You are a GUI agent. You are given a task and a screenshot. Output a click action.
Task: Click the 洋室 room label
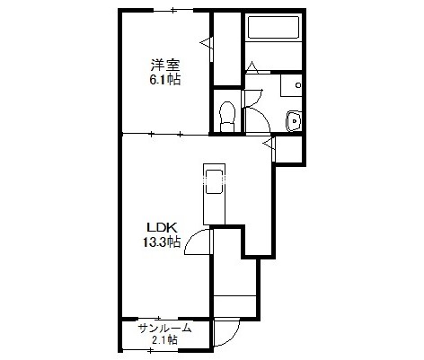[165, 66]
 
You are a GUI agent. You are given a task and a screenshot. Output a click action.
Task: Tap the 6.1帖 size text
[164, 80]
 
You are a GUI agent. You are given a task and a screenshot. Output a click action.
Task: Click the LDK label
[162, 228]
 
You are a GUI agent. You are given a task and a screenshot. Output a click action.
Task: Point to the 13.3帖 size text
[162, 241]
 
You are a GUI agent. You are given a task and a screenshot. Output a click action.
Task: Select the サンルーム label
[164, 329]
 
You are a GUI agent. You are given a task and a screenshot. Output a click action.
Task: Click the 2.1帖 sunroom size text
[163, 340]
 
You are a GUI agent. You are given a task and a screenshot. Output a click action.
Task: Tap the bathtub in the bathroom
[274, 27]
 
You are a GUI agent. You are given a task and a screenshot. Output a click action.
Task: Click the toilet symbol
[227, 117]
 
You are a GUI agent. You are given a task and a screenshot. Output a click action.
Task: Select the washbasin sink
[294, 121]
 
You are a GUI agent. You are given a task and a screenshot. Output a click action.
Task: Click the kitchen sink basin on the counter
[214, 182]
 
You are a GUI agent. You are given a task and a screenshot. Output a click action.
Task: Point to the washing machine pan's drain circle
[298, 85]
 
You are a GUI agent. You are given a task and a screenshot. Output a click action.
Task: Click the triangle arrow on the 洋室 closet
[207, 43]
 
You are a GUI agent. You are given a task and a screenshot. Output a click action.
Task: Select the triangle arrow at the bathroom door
[252, 67]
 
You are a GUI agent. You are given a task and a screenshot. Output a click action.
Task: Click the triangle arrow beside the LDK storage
[269, 144]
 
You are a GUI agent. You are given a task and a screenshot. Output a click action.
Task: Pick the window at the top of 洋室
[173, 11]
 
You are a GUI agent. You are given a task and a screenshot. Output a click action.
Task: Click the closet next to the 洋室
[227, 49]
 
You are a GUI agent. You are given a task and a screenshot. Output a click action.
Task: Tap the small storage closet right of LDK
[288, 149]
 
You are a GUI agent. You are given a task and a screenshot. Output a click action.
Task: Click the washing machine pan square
[291, 85]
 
